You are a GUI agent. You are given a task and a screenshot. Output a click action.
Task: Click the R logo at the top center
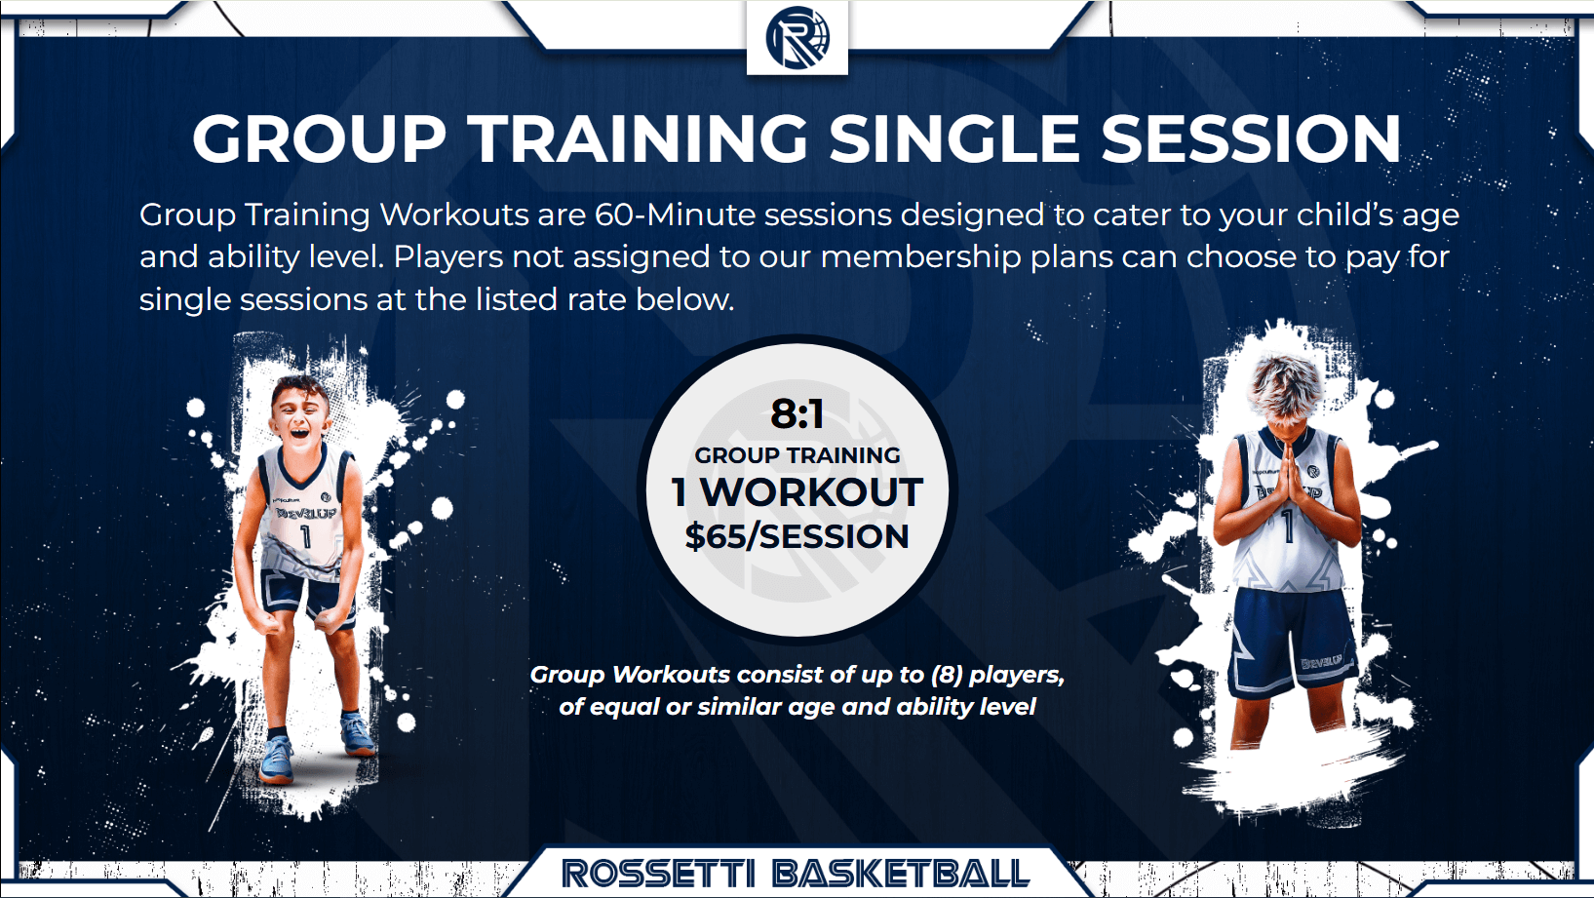[x=797, y=38]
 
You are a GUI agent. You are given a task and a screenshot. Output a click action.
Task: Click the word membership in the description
[x=921, y=256]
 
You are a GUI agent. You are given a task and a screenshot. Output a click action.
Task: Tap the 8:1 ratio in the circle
[x=797, y=414]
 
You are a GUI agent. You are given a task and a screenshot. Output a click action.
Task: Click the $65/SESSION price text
[x=797, y=536]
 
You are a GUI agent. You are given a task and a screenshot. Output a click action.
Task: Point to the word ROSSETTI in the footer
[x=657, y=873]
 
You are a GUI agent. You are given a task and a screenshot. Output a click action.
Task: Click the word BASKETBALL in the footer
[x=902, y=873]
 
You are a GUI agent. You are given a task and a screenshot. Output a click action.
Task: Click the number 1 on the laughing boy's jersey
[x=306, y=536]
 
